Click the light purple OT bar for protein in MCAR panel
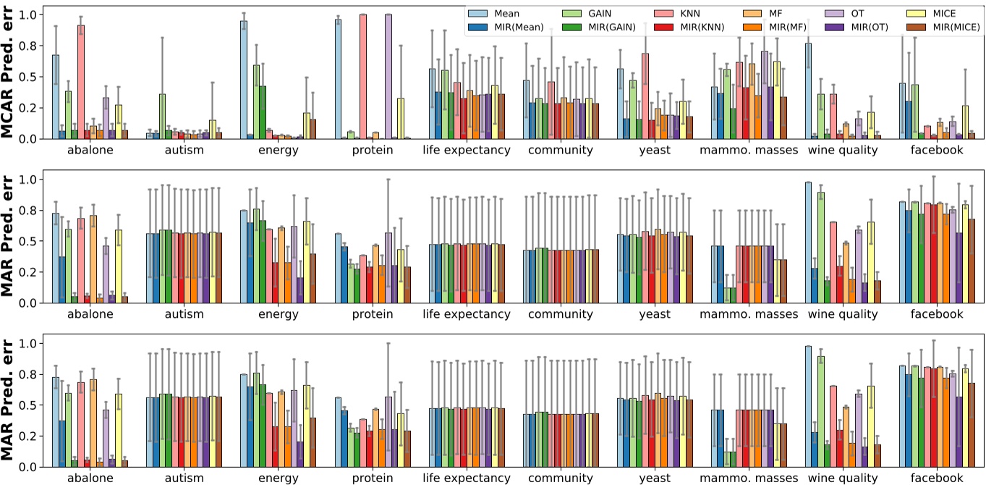[x=388, y=76]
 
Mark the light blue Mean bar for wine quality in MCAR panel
[x=808, y=90]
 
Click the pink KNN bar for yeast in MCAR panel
[x=645, y=96]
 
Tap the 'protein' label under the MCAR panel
[x=373, y=151]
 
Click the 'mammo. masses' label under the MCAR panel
[x=749, y=151]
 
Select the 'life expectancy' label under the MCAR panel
[x=467, y=151]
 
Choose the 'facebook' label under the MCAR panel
[x=938, y=151]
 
